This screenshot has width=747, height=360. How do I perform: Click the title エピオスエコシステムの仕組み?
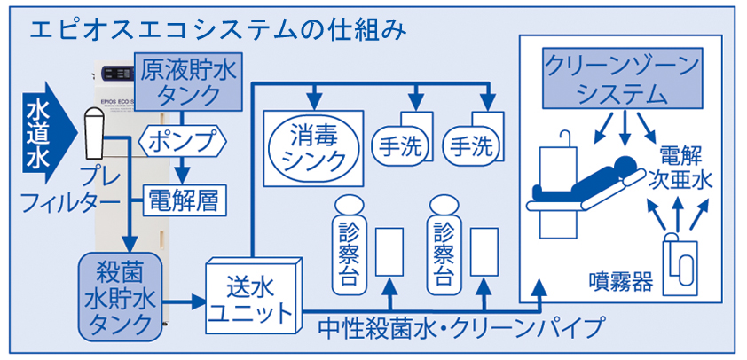(x=217, y=29)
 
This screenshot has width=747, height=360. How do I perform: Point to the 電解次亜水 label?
(x=684, y=164)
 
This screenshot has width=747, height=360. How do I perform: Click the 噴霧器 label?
(x=621, y=281)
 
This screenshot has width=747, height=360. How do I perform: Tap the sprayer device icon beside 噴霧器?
(x=682, y=265)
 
